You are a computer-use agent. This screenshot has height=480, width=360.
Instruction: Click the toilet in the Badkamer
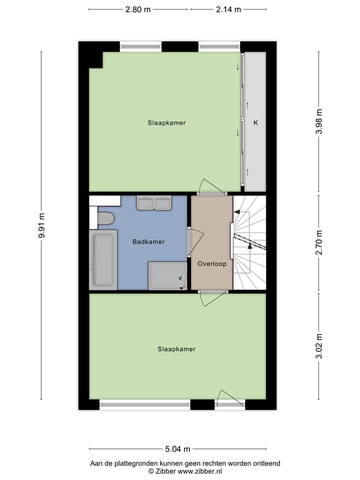click(105, 218)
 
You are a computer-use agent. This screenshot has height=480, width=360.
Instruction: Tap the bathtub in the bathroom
click(103, 259)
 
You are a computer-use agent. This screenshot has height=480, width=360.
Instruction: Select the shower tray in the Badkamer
click(167, 276)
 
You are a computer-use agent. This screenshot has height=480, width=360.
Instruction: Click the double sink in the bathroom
click(154, 203)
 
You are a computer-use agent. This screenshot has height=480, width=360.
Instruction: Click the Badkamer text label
click(148, 242)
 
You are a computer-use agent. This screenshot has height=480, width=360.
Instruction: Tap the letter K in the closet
click(255, 122)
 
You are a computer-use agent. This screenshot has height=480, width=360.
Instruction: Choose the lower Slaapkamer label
click(176, 349)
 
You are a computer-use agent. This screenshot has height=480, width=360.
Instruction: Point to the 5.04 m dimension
click(178, 448)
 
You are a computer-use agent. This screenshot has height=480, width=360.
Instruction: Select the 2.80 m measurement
click(138, 9)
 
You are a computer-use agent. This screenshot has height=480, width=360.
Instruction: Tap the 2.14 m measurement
click(228, 9)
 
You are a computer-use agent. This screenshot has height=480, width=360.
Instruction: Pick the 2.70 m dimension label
click(319, 243)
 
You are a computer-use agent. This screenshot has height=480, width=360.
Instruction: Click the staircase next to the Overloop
click(249, 242)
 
